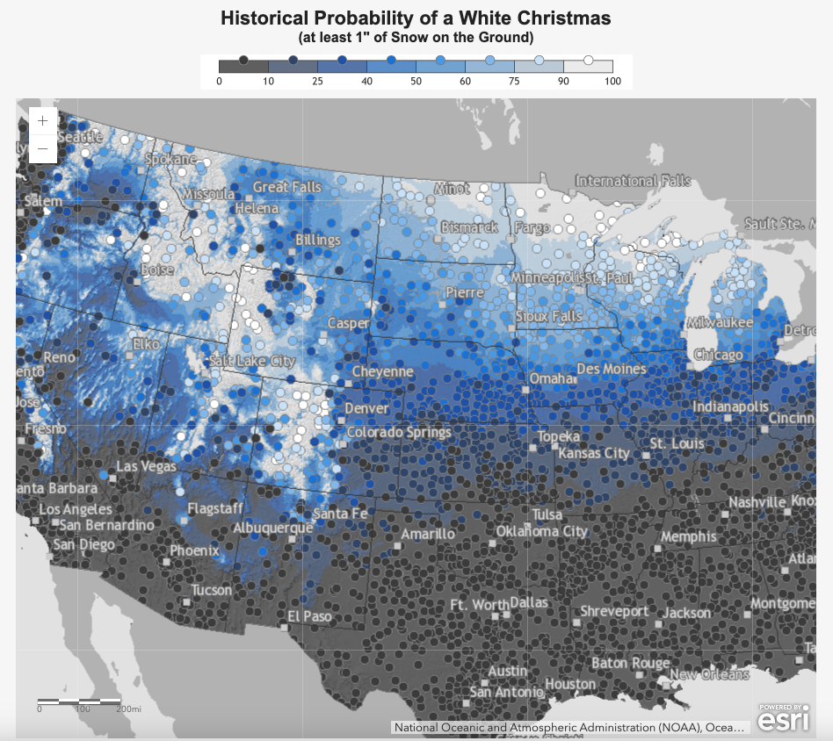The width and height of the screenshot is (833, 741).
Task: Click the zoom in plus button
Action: click(x=42, y=121)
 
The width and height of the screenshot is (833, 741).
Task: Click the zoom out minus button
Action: click(x=42, y=149)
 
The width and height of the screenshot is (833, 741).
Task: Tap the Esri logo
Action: click(x=779, y=719)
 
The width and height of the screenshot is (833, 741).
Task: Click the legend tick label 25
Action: click(x=317, y=81)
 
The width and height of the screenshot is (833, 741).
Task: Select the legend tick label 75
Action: click(x=514, y=81)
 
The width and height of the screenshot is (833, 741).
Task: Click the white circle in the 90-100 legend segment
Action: click(x=589, y=61)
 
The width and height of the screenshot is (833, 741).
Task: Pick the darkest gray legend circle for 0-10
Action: click(x=243, y=60)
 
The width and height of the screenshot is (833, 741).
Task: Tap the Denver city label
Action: click(x=366, y=409)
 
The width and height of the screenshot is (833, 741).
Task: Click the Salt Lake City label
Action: click(x=252, y=361)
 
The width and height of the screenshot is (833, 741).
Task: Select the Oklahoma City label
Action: click(x=541, y=531)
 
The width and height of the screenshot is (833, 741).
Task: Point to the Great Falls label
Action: click(x=288, y=187)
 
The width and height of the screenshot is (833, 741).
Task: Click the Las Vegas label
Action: click(x=147, y=466)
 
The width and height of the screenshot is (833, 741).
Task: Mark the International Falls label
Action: click(x=633, y=181)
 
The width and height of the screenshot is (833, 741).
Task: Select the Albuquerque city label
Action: click(x=272, y=528)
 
